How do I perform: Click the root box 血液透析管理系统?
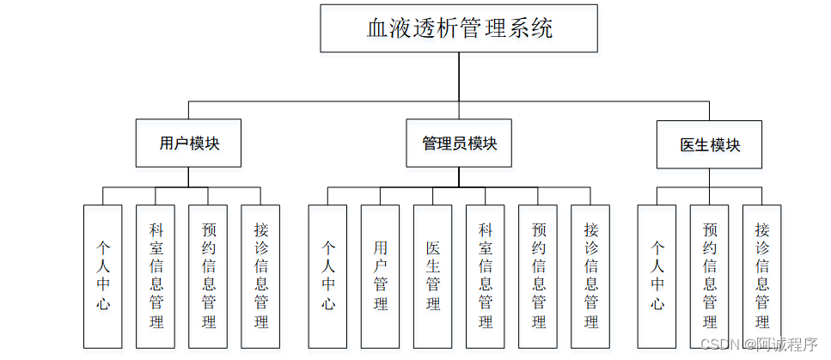459,28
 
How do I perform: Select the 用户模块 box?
188,143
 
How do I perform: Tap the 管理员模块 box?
459,143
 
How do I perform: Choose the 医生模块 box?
709,144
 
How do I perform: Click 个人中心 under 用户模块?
103,276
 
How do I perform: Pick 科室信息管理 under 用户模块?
156,276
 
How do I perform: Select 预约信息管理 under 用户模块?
208,276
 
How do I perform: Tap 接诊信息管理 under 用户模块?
260,276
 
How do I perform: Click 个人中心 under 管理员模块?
327,276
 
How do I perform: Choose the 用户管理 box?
380,276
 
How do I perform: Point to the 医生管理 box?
432,276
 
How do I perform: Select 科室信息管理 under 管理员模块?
486,276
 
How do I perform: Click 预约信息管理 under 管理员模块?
538,276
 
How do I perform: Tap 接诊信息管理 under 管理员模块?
590,276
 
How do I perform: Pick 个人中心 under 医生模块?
657,276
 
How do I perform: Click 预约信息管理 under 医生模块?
709,276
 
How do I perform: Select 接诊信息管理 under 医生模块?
761,276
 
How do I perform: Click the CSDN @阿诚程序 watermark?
758,345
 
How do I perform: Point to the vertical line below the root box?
459,77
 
